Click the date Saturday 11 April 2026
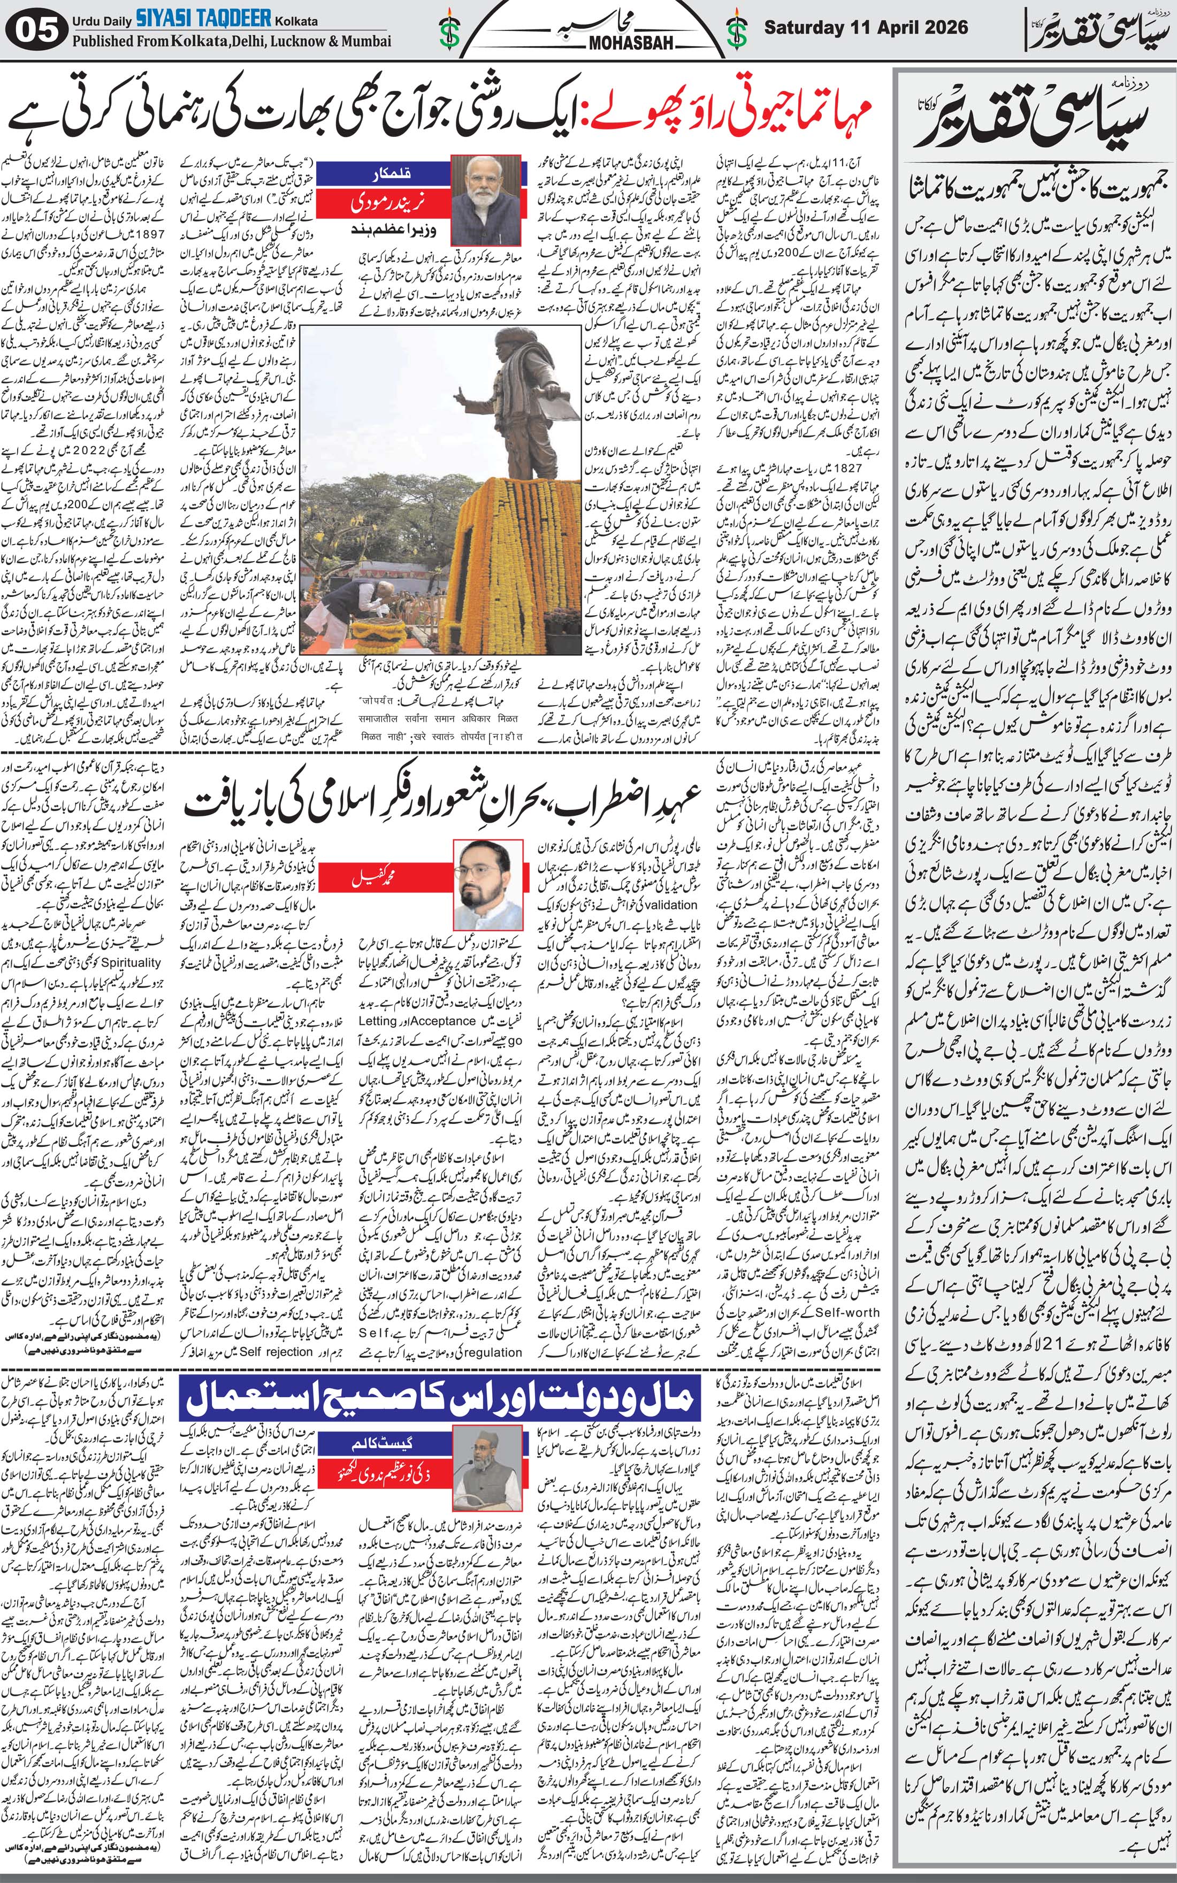(x=866, y=27)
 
